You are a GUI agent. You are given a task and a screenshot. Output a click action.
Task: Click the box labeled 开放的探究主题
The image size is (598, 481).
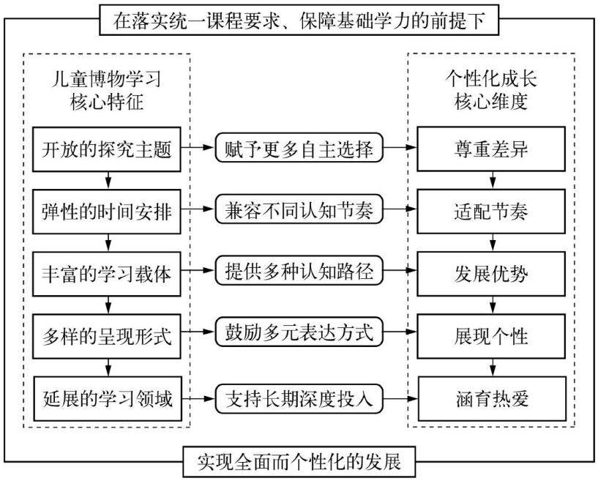(106, 149)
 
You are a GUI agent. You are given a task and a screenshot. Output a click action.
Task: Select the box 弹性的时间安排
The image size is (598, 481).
(106, 212)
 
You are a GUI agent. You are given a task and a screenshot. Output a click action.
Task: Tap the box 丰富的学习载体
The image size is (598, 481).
(106, 274)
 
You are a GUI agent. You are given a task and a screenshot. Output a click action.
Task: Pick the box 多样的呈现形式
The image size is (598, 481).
(106, 337)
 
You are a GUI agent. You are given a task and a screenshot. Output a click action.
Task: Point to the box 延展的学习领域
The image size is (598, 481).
(108, 399)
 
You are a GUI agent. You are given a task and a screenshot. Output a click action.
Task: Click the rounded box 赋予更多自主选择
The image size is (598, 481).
(299, 148)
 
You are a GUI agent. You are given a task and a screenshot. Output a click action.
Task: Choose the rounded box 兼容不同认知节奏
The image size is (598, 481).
(299, 209)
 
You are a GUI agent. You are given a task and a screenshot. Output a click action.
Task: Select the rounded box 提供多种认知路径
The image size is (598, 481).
(299, 270)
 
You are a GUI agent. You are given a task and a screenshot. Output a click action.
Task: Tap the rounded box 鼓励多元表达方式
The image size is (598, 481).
(299, 332)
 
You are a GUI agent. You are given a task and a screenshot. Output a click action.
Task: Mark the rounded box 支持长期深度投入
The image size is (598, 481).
(299, 399)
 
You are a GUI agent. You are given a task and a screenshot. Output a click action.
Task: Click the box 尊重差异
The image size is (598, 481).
(491, 149)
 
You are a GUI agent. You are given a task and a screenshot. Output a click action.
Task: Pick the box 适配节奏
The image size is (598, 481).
(491, 212)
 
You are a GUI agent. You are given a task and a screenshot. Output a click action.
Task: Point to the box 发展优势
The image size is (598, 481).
(491, 274)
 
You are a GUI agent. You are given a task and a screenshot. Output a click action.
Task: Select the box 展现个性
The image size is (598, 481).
(491, 337)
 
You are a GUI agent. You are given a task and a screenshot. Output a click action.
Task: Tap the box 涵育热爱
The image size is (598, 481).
(493, 399)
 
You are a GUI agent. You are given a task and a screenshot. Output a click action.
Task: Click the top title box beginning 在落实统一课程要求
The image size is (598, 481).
(299, 20)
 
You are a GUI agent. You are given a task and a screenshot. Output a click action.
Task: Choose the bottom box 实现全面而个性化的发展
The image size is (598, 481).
(299, 462)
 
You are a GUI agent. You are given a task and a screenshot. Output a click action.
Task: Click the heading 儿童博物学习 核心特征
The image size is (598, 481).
(106, 91)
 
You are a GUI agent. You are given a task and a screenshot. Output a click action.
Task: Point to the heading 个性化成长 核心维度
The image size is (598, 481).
(491, 90)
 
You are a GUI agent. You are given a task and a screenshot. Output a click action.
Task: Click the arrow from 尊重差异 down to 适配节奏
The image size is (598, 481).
(493, 180)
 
